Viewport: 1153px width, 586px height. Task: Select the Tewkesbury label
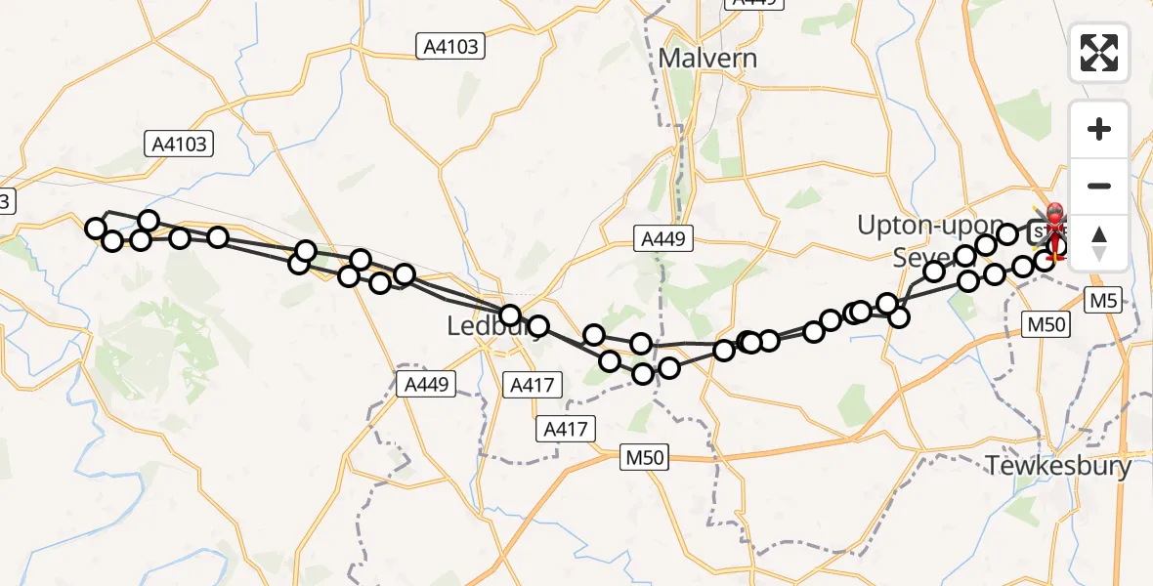pyautogui.click(x=1058, y=466)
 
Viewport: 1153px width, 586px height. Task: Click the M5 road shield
pyautogui.click(x=1104, y=301)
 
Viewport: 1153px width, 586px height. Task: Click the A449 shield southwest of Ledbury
pyautogui.click(x=427, y=384)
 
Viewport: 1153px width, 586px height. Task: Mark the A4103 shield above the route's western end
pyautogui.click(x=181, y=145)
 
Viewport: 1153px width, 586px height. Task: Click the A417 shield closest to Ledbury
pyautogui.click(x=532, y=385)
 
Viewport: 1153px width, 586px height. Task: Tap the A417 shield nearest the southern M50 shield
pyautogui.click(x=567, y=428)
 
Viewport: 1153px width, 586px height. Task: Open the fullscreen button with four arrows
pyautogui.click(x=1099, y=53)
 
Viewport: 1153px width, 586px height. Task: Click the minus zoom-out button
pyautogui.click(x=1099, y=186)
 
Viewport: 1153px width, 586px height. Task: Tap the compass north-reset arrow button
pyautogui.click(x=1099, y=242)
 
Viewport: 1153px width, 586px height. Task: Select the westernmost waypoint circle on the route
pyautogui.click(x=96, y=229)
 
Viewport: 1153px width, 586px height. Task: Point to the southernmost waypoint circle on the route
pyautogui.click(x=643, y=374)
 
